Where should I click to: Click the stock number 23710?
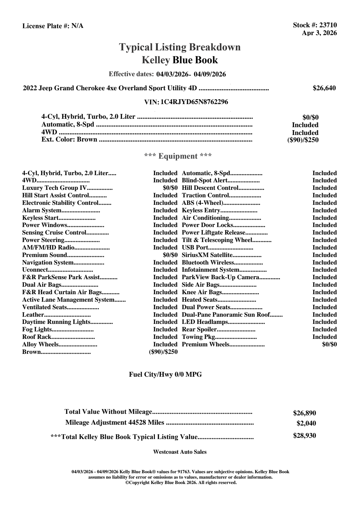[x=328, y=25]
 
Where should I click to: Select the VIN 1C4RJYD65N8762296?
[x=194, y=102]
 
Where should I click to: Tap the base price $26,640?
[x=324, y=88]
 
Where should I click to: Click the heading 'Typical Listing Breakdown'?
[x=180, y=47]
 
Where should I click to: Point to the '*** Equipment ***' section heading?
[x=178, y=156]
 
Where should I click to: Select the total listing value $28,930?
[x=304, y=435]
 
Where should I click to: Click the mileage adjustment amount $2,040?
[x=306, y=423]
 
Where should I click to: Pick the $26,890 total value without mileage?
[x=304, y=413]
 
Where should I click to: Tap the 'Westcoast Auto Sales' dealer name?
[x=180, y=452]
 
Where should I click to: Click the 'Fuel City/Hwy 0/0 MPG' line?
[x=165, y=374]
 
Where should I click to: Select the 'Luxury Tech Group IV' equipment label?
[x=54, y=188]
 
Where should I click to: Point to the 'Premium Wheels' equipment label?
[x=205, y=344]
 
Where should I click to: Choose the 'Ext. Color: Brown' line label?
[x=69, y=139]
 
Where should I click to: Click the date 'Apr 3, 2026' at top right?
[x=319, y=33]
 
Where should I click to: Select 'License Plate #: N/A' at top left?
[x=53, y=26]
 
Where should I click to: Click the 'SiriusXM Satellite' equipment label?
[x=207, y=255]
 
